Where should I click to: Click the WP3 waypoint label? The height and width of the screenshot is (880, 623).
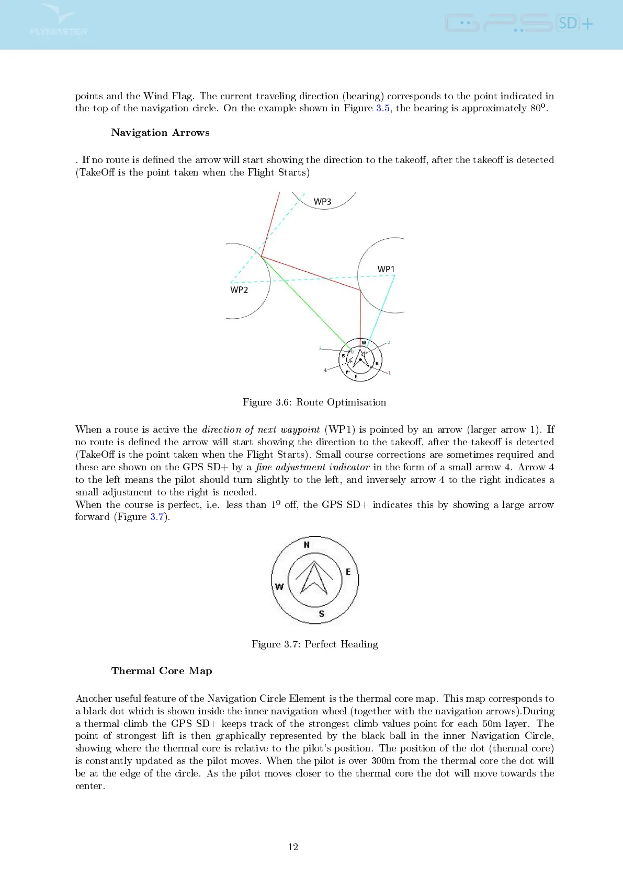322,202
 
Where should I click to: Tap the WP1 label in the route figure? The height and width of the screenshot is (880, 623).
386,269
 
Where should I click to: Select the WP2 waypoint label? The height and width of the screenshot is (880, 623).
239,290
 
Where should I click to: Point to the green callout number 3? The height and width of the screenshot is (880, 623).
320,349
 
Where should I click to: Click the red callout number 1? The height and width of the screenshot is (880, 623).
389,373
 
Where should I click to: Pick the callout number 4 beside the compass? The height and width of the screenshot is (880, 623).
325,370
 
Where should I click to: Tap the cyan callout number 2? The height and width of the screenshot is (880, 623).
389,343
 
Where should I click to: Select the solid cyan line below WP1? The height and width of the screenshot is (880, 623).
382,308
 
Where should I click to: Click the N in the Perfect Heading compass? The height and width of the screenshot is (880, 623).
307,545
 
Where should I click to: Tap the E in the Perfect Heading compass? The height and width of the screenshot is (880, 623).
348,572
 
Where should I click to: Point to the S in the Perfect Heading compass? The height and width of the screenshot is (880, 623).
321,613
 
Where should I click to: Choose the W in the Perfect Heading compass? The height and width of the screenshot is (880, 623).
279,586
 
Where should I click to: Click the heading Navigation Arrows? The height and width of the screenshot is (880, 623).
160,133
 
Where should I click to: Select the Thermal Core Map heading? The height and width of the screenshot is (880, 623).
162,671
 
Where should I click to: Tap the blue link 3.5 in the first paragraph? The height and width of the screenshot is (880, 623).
382,108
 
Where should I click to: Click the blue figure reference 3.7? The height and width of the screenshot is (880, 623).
157,517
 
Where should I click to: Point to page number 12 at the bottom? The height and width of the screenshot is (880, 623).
293,847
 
